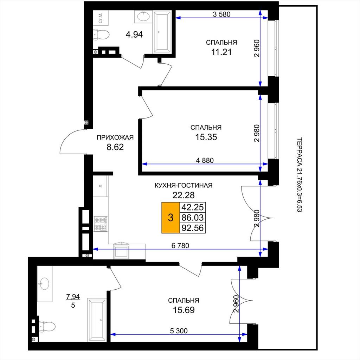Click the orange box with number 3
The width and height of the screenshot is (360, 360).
171,217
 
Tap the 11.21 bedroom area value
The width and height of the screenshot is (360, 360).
221,52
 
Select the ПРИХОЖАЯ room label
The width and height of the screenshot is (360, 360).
115,137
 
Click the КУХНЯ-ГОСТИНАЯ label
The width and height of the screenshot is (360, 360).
184,185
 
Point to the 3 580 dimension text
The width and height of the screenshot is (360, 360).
221,14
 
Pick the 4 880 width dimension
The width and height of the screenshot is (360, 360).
205,160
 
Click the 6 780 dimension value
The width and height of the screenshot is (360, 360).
180,245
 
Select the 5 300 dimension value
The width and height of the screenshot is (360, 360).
179,330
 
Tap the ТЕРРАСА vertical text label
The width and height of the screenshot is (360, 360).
300,174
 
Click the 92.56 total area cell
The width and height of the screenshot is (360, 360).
193,228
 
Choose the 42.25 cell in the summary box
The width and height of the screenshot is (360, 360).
193,207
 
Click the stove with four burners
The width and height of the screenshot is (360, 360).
101,224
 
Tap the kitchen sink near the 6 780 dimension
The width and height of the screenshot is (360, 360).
121,251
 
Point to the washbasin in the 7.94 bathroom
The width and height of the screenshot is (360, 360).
45,284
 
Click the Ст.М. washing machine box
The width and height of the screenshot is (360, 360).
100,18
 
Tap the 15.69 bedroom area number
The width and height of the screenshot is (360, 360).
184,310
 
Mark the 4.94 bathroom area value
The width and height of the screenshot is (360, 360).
134,34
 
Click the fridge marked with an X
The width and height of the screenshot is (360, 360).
100,186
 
